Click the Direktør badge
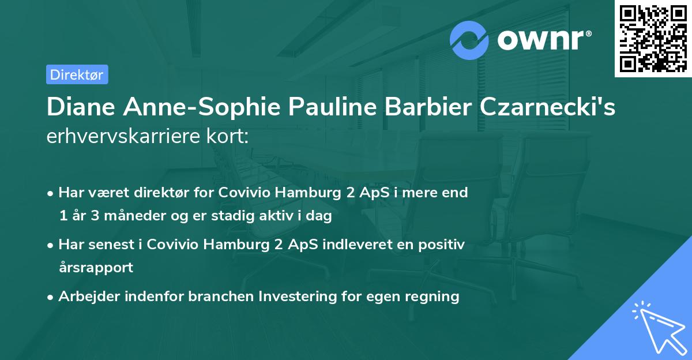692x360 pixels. pos(77,74)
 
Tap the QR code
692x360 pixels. pos(653,38)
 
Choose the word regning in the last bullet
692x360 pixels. pos(433,297)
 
